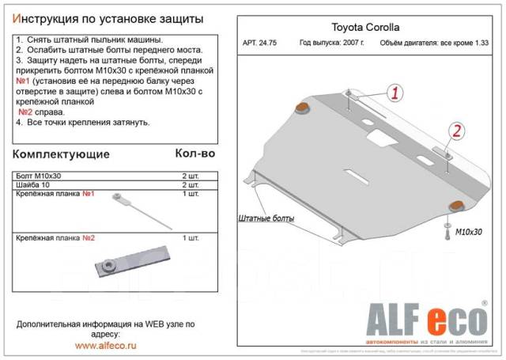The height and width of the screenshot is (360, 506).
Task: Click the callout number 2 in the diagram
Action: (456, 131)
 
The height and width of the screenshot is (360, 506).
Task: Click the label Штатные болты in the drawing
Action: (266, 218)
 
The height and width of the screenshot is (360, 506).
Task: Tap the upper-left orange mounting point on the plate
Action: (303, 107)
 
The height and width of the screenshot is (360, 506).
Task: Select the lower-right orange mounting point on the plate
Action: (456, 207)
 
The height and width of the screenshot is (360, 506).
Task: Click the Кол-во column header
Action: (194, 153)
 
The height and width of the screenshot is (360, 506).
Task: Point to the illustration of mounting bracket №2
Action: (123, 262)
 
